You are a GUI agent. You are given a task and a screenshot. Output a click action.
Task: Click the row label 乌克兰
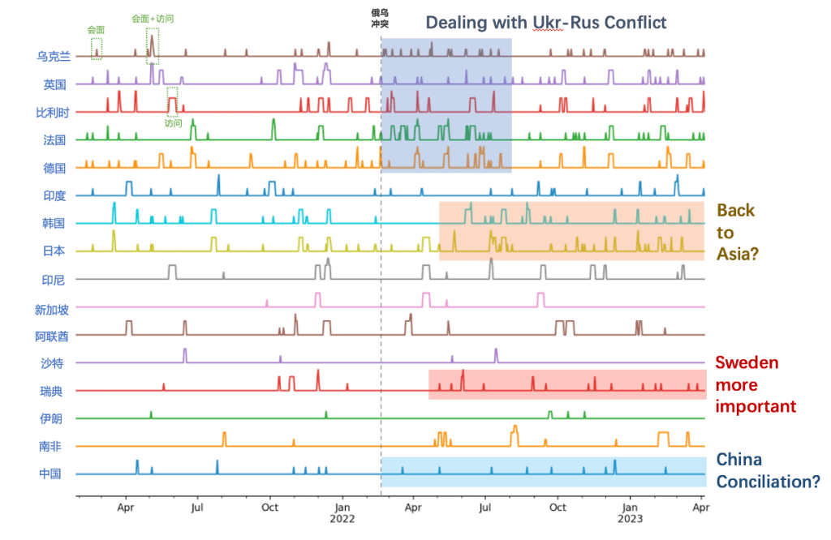pyautogui.click(x=54, y=56)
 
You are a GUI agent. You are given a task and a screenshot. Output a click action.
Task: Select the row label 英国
pyautogui.click(x=54, y=84)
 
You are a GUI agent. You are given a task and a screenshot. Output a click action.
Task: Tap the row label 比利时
pyautogui.click(x=54, y=112)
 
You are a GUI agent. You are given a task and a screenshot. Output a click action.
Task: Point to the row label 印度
pyautogui.click(x=54, y=195)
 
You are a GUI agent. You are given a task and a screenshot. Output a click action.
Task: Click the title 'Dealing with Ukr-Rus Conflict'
pyautogui.click(x=546, y=23)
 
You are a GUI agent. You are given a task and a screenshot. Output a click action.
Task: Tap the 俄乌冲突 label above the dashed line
pyautogui.click(x=380, y=19)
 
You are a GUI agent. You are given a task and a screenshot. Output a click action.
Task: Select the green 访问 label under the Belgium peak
pyautogui.click(x=173, y=124)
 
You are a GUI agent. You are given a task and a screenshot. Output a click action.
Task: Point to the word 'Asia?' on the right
pyautogui.click(x=738, y=254)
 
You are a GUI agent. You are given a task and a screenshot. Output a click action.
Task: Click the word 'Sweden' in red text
pyautogui.click(x=747, y=362)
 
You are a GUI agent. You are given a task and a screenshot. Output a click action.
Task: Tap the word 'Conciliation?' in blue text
pyautogui.click(x=768, y=482)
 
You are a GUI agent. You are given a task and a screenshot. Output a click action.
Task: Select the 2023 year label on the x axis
pyautogui.click(x=631, y=520)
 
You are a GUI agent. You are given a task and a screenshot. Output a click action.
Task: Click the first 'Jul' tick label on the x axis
pyautogui.click(x=197, y=508)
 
